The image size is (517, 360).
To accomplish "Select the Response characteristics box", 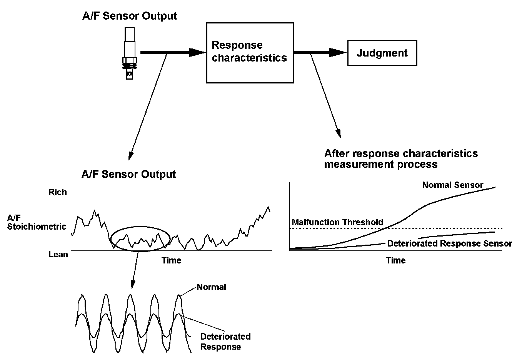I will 250,52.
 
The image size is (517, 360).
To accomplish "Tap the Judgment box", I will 382,53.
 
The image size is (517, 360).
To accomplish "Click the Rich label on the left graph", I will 57,192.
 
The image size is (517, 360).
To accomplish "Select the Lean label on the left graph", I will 58,254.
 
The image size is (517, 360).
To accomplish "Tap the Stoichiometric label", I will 37,227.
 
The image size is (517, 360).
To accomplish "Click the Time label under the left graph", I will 171,260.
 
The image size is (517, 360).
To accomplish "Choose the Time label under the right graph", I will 396,260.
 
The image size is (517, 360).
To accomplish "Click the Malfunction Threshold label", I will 337,222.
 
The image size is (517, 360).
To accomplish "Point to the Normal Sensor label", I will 452,185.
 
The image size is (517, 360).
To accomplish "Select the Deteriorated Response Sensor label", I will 449,243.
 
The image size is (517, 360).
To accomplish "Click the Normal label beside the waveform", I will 211,287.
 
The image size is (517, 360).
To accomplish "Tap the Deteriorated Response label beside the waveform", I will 225,342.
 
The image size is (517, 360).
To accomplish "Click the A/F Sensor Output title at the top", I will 130,16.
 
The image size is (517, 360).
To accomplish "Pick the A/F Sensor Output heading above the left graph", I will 128,174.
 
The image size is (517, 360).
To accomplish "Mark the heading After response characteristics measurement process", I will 401,159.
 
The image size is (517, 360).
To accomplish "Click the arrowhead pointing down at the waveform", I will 133,284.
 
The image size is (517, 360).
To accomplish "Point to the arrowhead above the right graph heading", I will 339,133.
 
